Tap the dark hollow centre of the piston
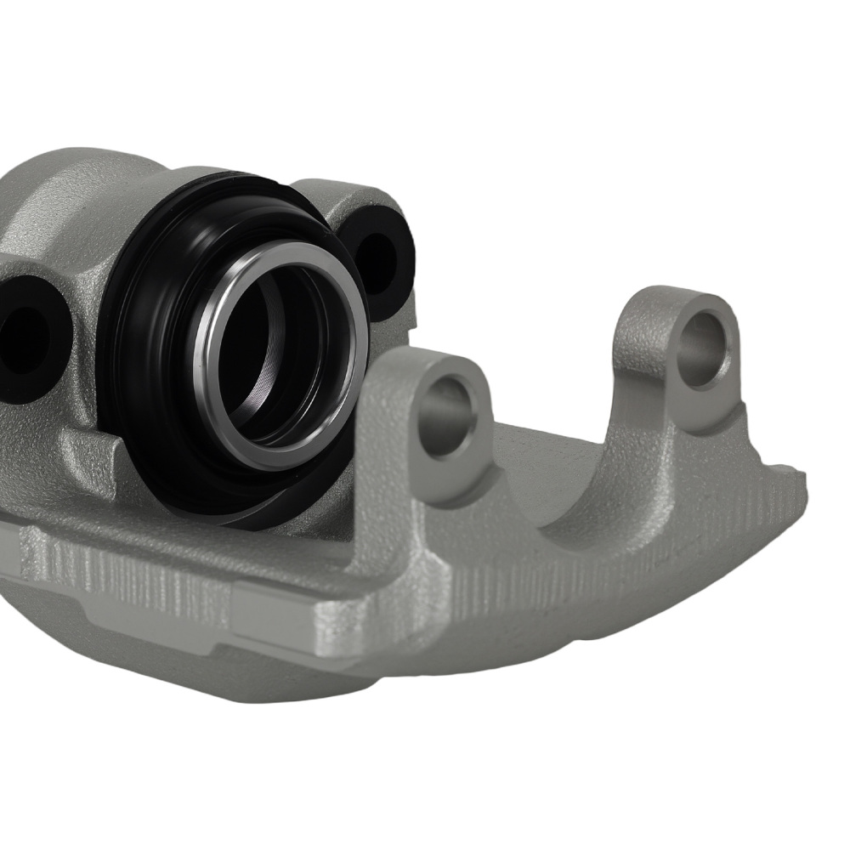272,357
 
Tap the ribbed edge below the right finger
680,544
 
